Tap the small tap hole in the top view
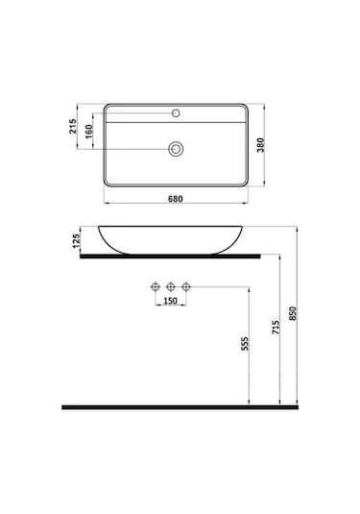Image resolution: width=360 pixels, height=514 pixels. [x=176, y=113]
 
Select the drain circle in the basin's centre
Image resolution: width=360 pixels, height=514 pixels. [x=176, y=149]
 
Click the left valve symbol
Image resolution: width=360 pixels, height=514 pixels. [x=154, y=286]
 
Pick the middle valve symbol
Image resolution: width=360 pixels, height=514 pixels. [x=169, y=286]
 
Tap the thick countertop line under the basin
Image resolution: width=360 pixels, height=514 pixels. [x=164, y=257]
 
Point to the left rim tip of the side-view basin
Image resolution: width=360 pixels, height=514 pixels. [x=99, y=227]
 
